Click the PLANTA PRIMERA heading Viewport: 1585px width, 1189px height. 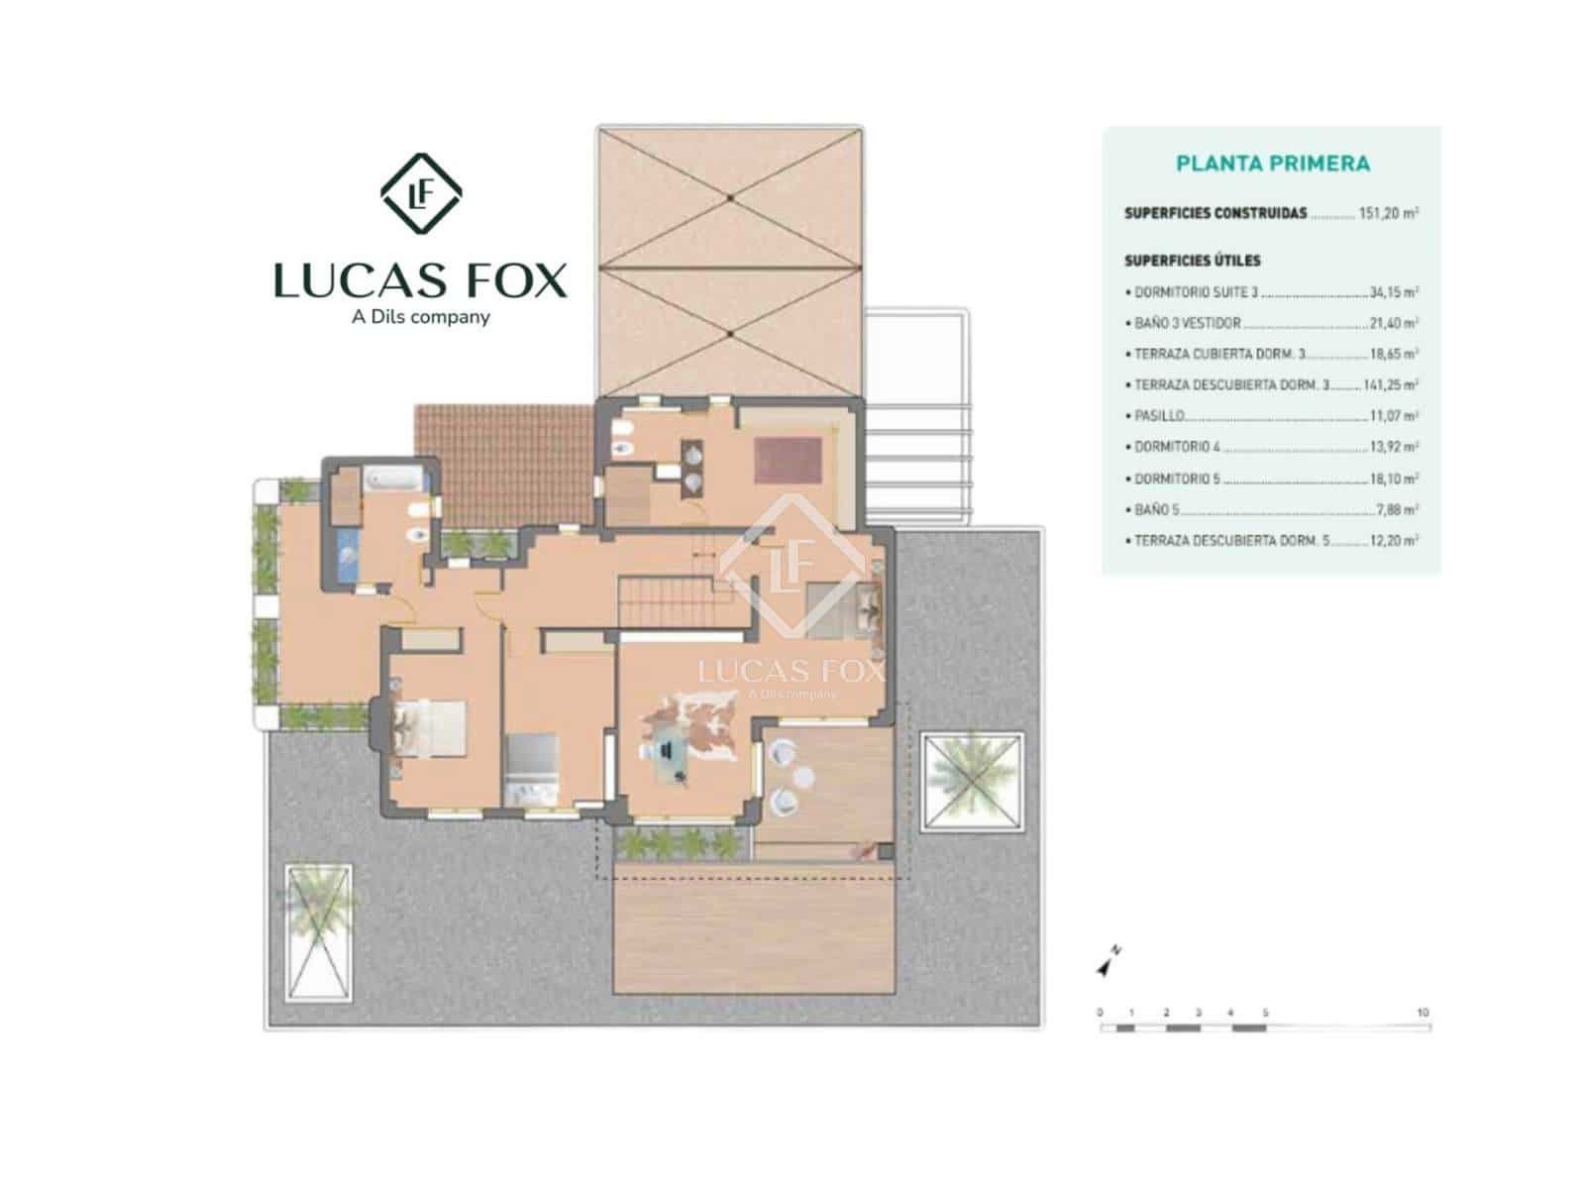[x=1272, y=163]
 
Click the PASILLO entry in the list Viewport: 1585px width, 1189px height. [x=1158, y=416]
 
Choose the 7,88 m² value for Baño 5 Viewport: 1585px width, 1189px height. [x=1397, y=510]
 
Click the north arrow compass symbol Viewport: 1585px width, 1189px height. [x=1107, y=962]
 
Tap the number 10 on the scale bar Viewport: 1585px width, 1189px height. [x=1423, y=1013]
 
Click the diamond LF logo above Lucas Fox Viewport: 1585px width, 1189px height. [x=421, y=194]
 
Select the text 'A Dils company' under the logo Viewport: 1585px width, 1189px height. [x=421, y=317]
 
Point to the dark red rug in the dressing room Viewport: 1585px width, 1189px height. [x=789, y=460]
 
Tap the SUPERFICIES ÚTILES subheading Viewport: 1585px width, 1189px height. [x=1192, y=261]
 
